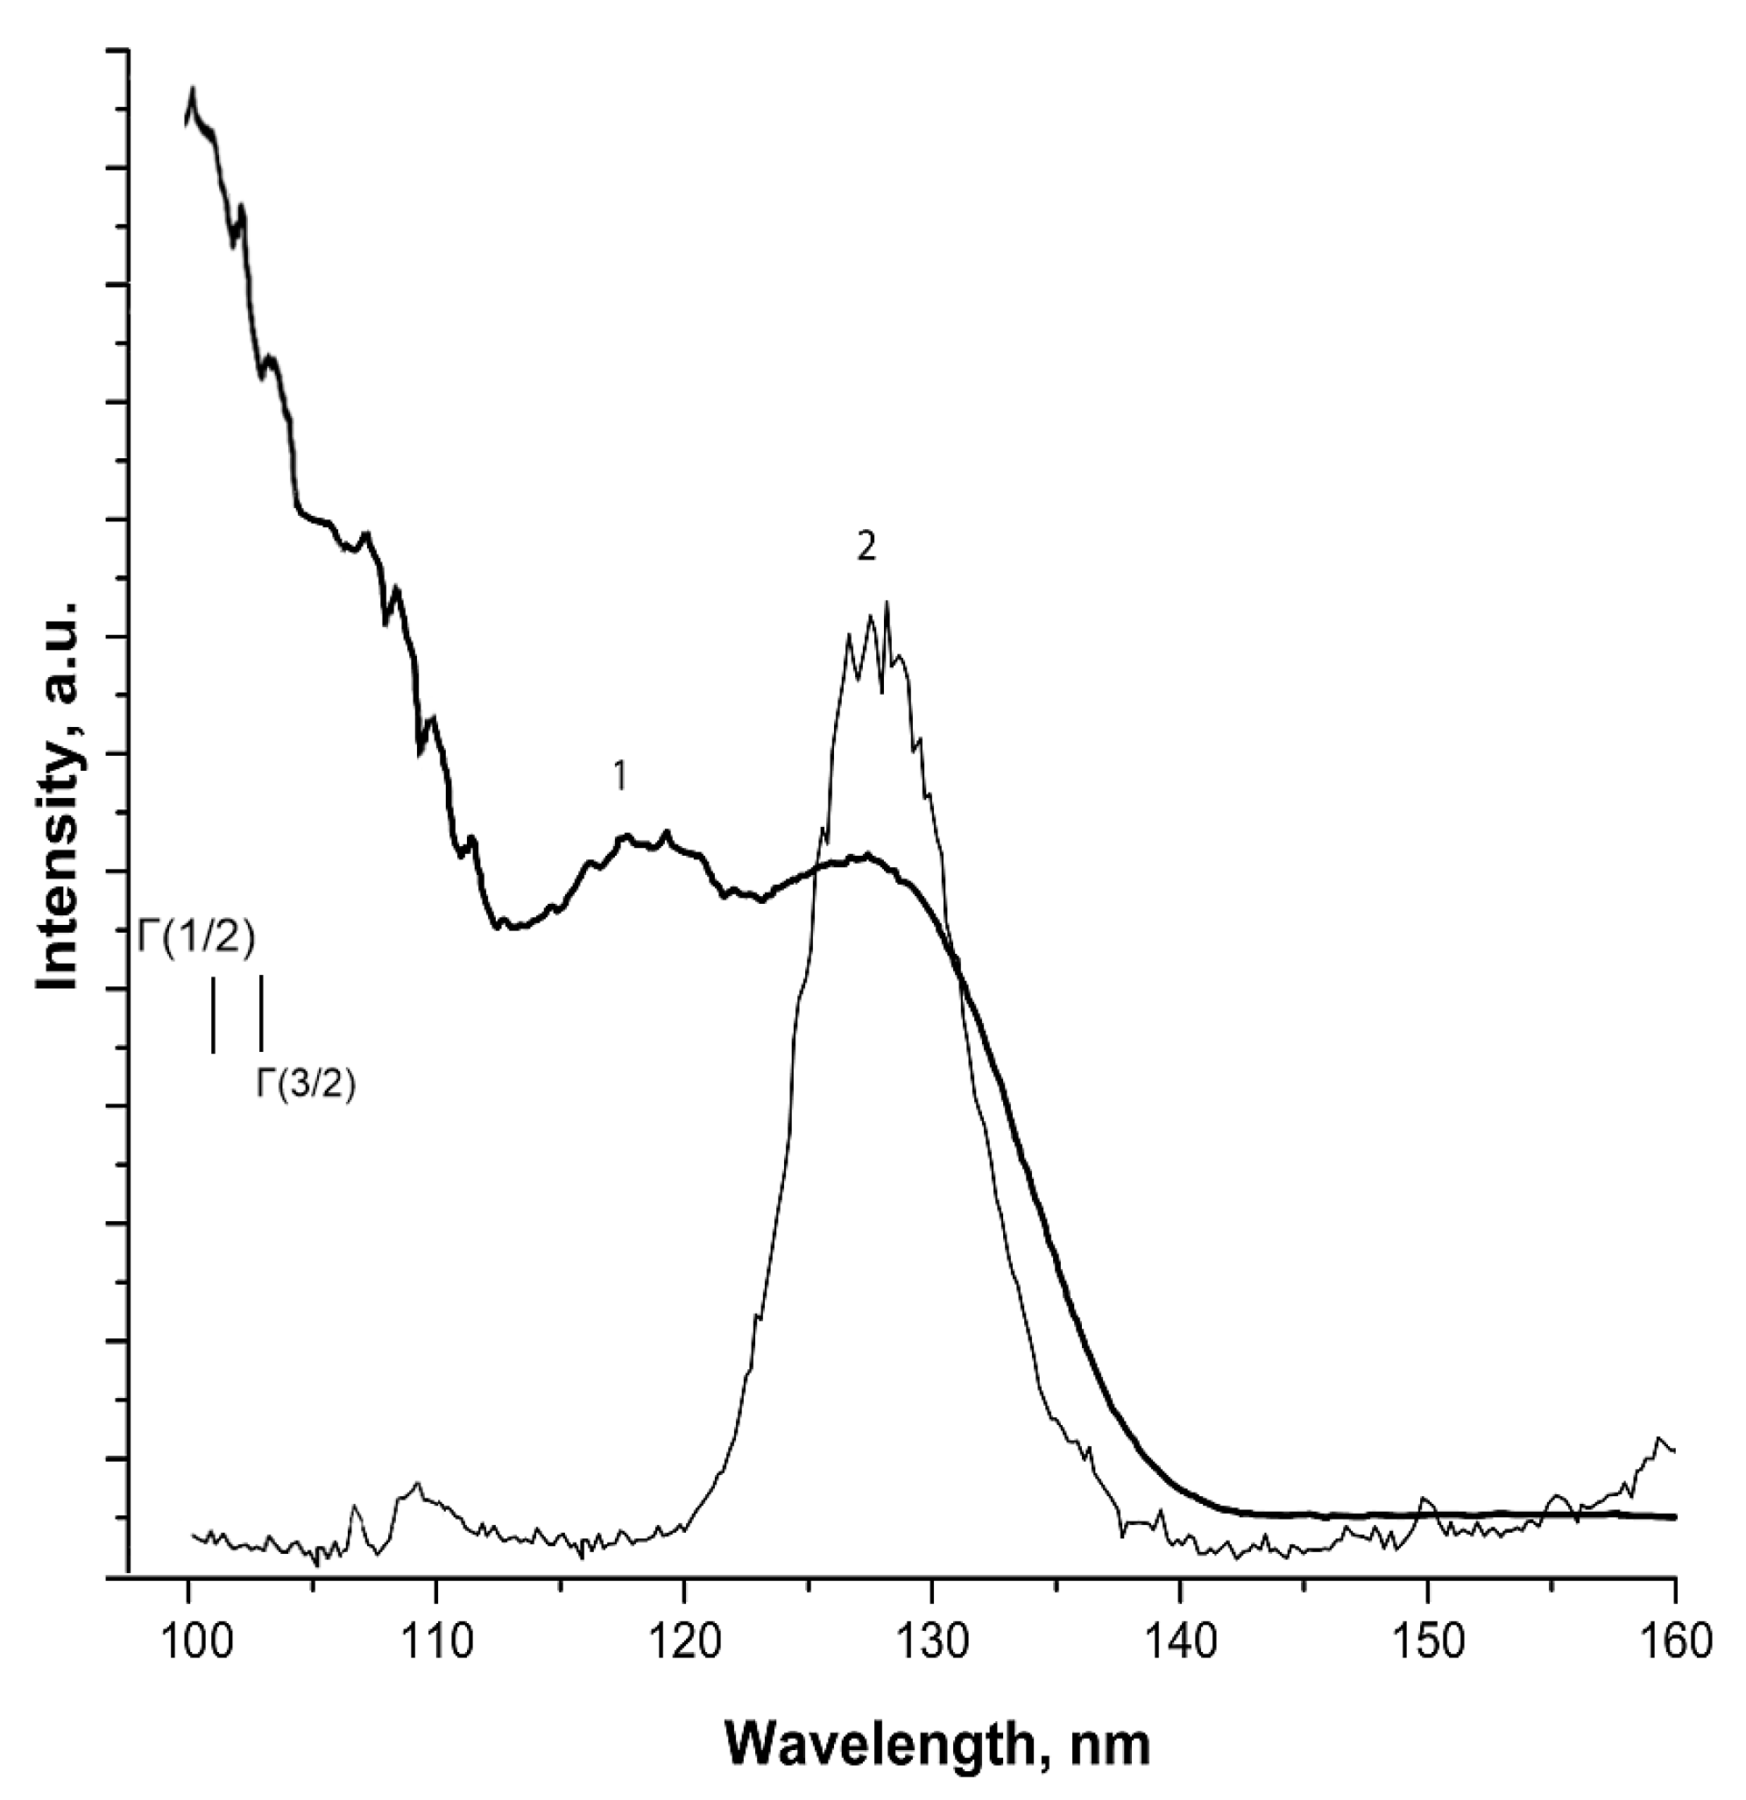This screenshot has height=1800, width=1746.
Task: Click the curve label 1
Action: point(621,777)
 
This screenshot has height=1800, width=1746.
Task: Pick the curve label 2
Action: point(866,548)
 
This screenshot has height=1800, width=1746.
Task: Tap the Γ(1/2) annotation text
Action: point(195,939)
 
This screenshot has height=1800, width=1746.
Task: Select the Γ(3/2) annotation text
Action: point(305,1084)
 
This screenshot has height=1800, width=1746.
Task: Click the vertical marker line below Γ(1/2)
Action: point(213,1014)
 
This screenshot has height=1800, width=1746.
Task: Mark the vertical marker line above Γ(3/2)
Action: point(262,1012)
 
